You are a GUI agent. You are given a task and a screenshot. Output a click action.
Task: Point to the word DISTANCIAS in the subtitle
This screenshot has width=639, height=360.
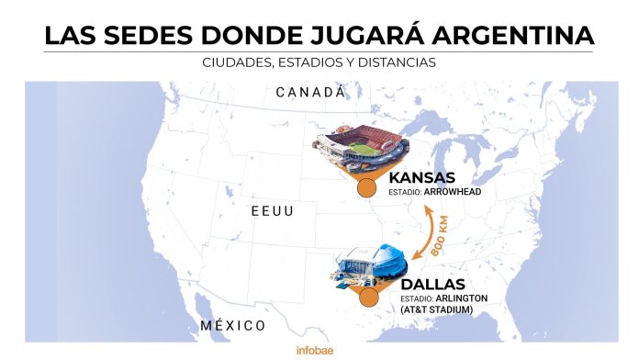click(x=395, y=63)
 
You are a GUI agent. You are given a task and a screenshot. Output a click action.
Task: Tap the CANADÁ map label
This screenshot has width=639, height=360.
click(x=310, y=92)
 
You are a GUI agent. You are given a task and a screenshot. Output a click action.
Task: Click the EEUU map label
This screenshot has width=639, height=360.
click(x=274, y=211)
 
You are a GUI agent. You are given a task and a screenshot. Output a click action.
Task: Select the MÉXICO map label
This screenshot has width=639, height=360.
click(x=232, y=326)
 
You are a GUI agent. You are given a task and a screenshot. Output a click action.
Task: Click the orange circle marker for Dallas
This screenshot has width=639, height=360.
click(x=369, y=298)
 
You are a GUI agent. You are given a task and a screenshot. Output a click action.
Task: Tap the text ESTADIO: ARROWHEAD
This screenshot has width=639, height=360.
click(x=435, y=193)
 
